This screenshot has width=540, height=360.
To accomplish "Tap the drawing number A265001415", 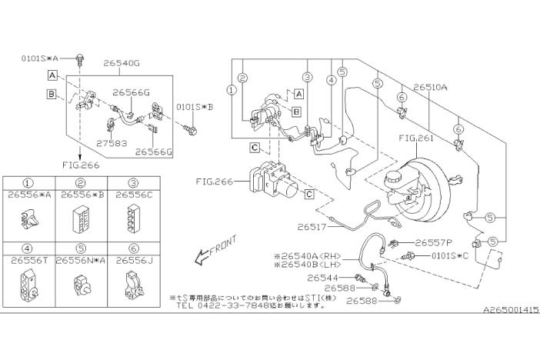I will (x=510, y=310).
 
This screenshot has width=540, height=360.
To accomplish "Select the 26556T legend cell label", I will (x=27, y=261).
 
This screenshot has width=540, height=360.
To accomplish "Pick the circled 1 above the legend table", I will (x=27, y=184).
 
